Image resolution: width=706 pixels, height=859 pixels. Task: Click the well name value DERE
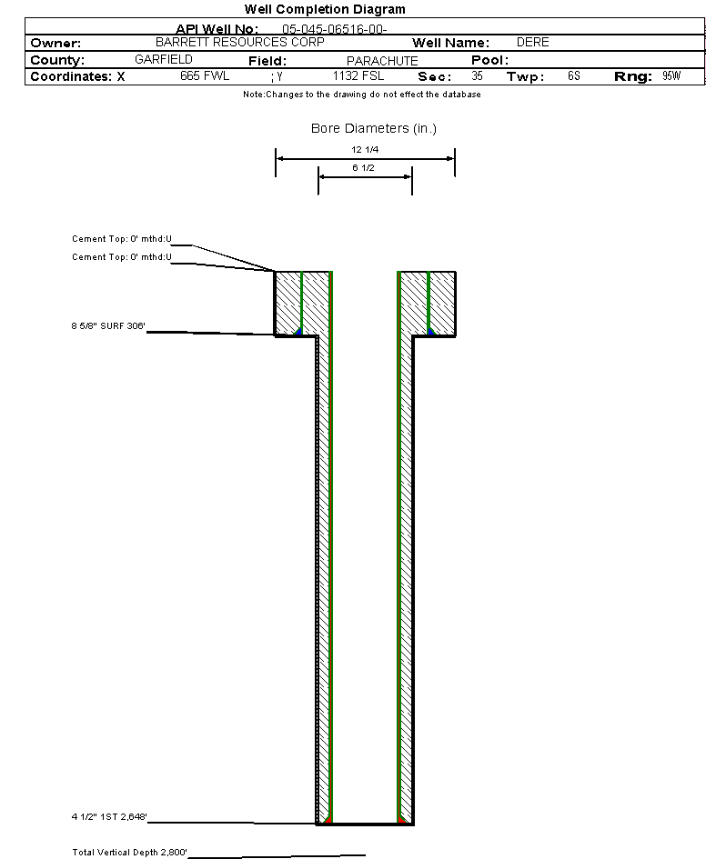[532, 43]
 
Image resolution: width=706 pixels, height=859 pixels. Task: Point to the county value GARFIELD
[164, 59]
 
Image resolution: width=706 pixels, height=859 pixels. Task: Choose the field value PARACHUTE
[382, 61]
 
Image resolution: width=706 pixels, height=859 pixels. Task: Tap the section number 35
[477, 76]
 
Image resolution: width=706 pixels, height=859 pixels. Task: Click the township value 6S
[573, 76]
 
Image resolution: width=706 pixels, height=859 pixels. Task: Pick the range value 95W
[671, 76]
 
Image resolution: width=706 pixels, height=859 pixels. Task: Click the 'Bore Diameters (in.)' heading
[374, 128]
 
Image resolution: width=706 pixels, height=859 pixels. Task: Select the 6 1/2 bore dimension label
[364, 169]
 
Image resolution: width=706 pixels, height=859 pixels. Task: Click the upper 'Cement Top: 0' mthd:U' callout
[122, 239]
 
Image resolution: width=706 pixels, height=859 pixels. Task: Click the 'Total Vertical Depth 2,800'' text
[129, 852]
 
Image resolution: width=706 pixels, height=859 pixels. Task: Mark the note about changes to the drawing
[362, 95]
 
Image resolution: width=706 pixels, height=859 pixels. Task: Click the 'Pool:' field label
[489, 60]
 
